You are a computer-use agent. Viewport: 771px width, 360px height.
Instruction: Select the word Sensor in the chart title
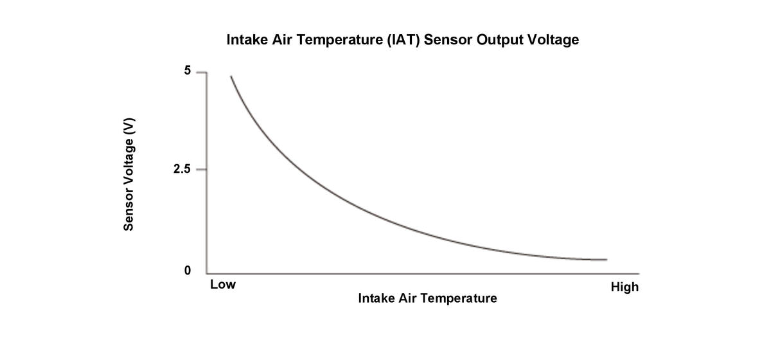click(448, 40)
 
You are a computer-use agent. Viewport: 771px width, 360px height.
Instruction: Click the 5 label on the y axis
click(188, 71)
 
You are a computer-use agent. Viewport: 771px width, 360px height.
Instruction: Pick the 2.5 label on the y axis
click(182, 170)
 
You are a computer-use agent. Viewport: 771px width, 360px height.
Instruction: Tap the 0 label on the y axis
click(188, 271)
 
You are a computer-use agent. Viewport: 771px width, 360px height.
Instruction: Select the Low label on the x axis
click(223, 285)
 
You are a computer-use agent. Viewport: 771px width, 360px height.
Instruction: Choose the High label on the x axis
click(625, 287)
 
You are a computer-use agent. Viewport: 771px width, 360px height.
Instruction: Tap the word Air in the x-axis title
click(409, 298)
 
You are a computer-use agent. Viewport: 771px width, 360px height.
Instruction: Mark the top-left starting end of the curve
click(231, 76)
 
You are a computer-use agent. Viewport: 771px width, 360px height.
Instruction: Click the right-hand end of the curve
click(606, 260)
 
